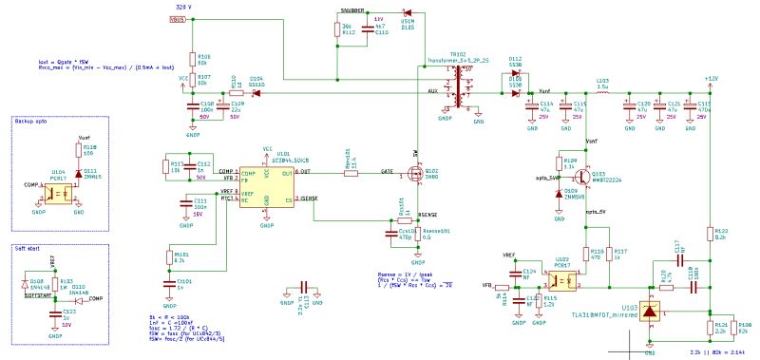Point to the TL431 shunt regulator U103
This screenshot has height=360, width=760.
point(649,311)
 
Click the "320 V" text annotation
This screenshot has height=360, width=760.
point(183,7)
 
